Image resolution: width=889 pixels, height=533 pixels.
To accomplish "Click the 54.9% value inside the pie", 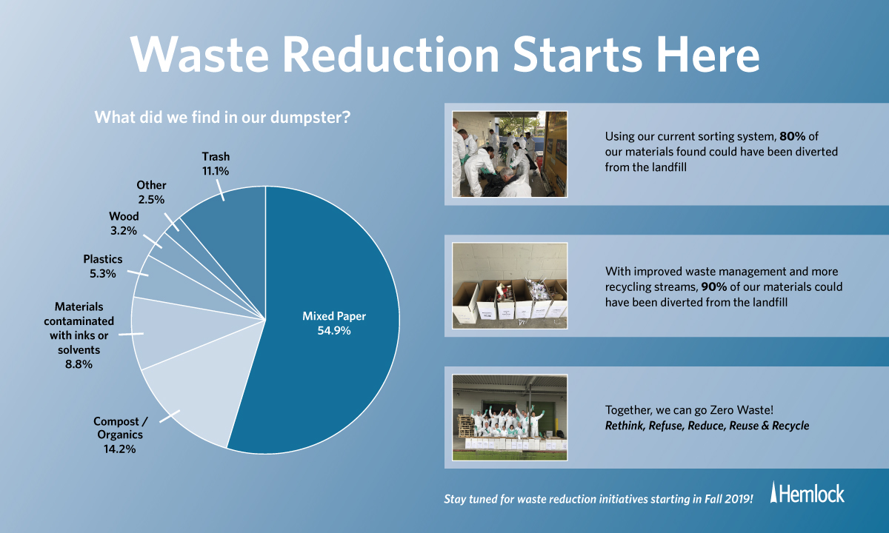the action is click(334, 330).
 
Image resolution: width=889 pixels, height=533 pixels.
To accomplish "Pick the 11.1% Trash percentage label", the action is click(216, 171).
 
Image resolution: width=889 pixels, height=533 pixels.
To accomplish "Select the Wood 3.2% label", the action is click(124, 224).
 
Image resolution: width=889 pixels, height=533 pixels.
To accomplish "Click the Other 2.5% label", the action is click(151, 192).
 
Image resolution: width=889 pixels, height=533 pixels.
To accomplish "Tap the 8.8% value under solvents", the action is click(79, 364).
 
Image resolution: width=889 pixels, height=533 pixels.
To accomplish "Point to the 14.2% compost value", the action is click(120, 449).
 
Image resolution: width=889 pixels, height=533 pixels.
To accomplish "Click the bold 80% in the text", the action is click(792, 136).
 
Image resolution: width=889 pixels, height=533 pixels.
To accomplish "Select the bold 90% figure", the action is click(713, 286).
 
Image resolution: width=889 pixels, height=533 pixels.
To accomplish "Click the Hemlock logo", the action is click(808, 493).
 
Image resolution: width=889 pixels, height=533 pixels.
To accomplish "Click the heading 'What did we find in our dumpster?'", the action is click(222, 118).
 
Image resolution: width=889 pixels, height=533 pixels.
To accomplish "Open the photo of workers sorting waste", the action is click(510, 154).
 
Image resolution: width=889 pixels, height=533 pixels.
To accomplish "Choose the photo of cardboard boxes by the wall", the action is click(510, 286).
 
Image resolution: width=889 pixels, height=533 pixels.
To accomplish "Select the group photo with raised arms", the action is click(510, 418).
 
